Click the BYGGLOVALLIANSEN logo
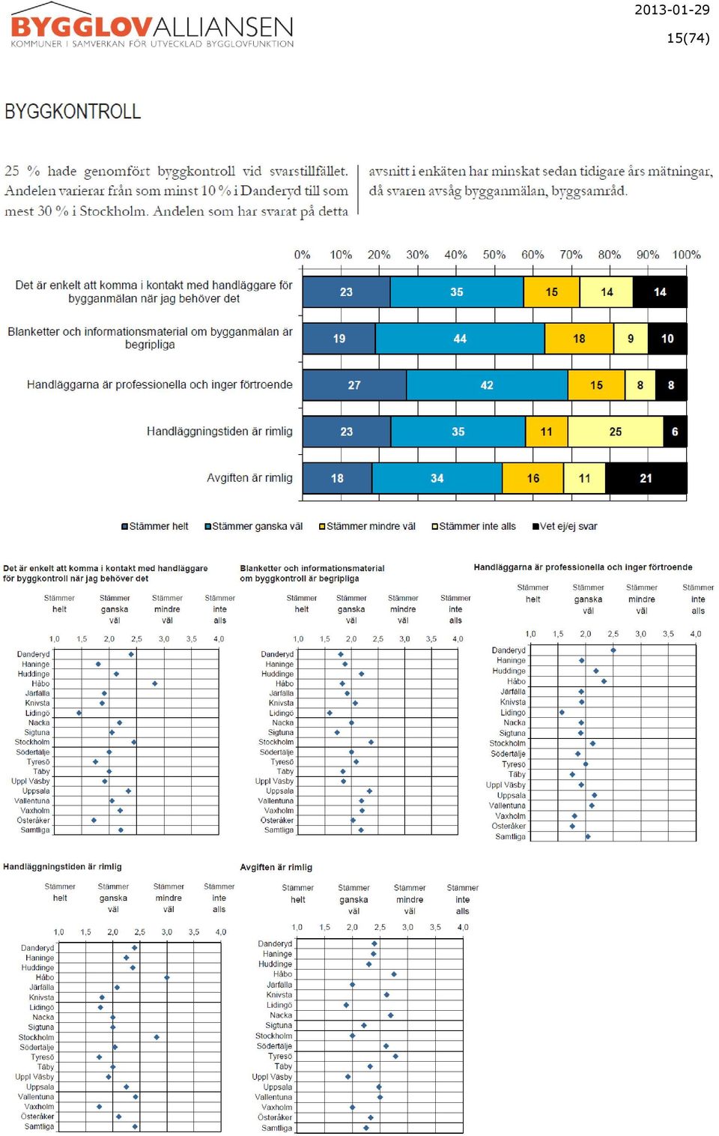tap(152, 26)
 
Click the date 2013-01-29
tap(672, 10)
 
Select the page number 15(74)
tap(688, 38)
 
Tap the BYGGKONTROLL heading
tap(73, 112)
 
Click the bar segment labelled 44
tap(460, 338)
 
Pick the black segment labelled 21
tap(646, 478)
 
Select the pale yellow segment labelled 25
tap(615, 432)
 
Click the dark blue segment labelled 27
tap(354, 385)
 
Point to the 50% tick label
tap(494, 255)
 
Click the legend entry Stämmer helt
tap(154, 527)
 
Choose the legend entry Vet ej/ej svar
tap(565, 527)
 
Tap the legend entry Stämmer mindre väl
tap(367, 527)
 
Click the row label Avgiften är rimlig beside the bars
tap(249, 478)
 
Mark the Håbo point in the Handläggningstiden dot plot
tap(167, 977)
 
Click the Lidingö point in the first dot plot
tap(79, 713)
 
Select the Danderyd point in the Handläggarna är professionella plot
tap(613, 650)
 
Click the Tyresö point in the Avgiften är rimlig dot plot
tap(395, 1057)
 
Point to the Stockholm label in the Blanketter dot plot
tap(276, 742)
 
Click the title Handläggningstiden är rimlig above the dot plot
tap(62, 867)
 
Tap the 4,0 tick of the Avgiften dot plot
tap(463, 927)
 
